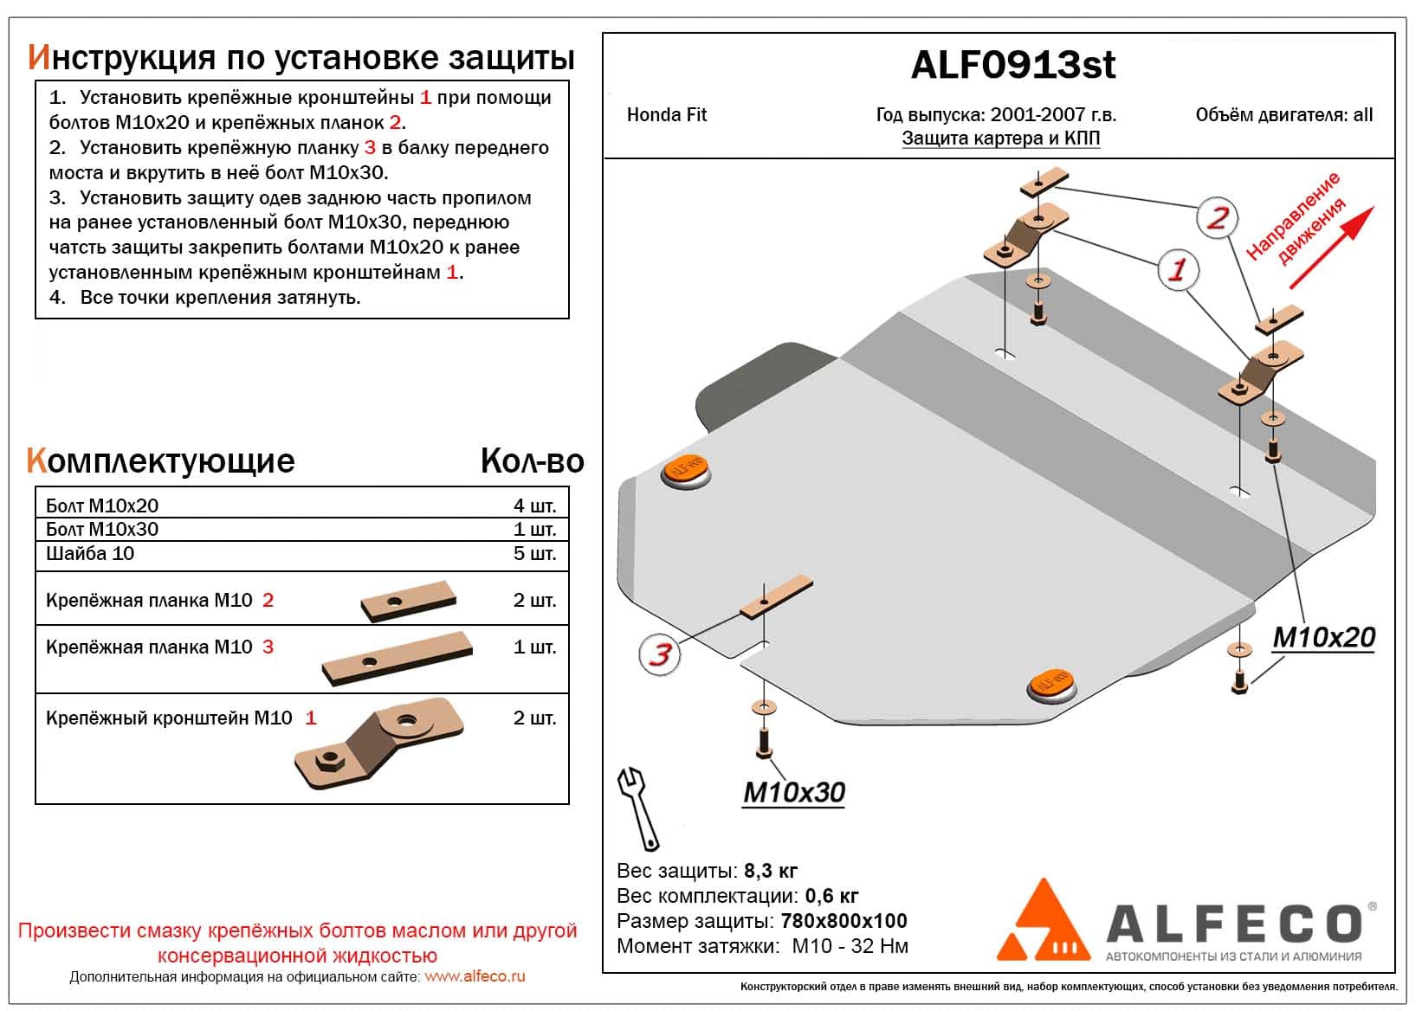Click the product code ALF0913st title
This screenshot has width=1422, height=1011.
pos(1013,66)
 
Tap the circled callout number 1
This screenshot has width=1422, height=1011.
pos(1177,270)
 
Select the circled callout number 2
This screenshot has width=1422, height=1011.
pos(1217,217)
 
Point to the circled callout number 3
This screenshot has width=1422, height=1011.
pos(660,654)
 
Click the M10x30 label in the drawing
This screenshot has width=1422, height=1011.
pos(793,792)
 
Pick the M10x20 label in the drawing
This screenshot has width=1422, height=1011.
pos(1323,638)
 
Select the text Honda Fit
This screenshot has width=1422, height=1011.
pos(667,115)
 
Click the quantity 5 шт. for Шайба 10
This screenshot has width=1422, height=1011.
pos(534,554)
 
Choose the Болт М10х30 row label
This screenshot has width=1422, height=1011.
pos(102,530)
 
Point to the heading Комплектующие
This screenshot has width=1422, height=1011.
pos(161,461)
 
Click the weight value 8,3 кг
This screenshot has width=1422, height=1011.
pos(771,871)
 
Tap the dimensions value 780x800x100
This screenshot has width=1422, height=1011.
pos(844,921)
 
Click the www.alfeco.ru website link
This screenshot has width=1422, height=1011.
pos(475,977)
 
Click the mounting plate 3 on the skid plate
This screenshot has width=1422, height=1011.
pos(775,596)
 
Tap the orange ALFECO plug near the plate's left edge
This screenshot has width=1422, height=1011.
pos(686,471)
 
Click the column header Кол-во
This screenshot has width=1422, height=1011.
pos(532,461)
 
